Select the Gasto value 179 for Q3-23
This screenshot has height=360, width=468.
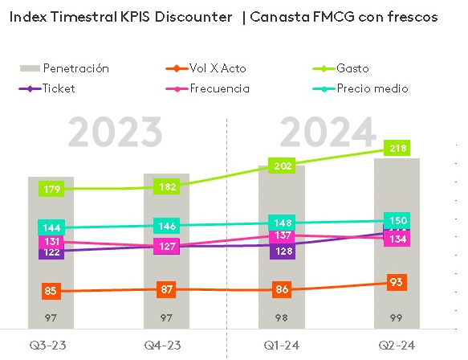coord(51,189)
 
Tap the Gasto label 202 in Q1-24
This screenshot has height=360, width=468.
coord(281,167)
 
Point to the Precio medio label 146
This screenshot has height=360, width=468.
coord(166,227)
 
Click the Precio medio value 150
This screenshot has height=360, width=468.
coord(397,221)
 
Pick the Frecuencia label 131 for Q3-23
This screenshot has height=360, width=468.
coord(51,242)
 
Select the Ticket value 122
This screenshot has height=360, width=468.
coord(51,252)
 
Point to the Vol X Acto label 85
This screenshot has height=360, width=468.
coord(51,291)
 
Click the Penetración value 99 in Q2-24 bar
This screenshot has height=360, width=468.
coord(397,317)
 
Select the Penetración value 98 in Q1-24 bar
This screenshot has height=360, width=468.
coord(281,317)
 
